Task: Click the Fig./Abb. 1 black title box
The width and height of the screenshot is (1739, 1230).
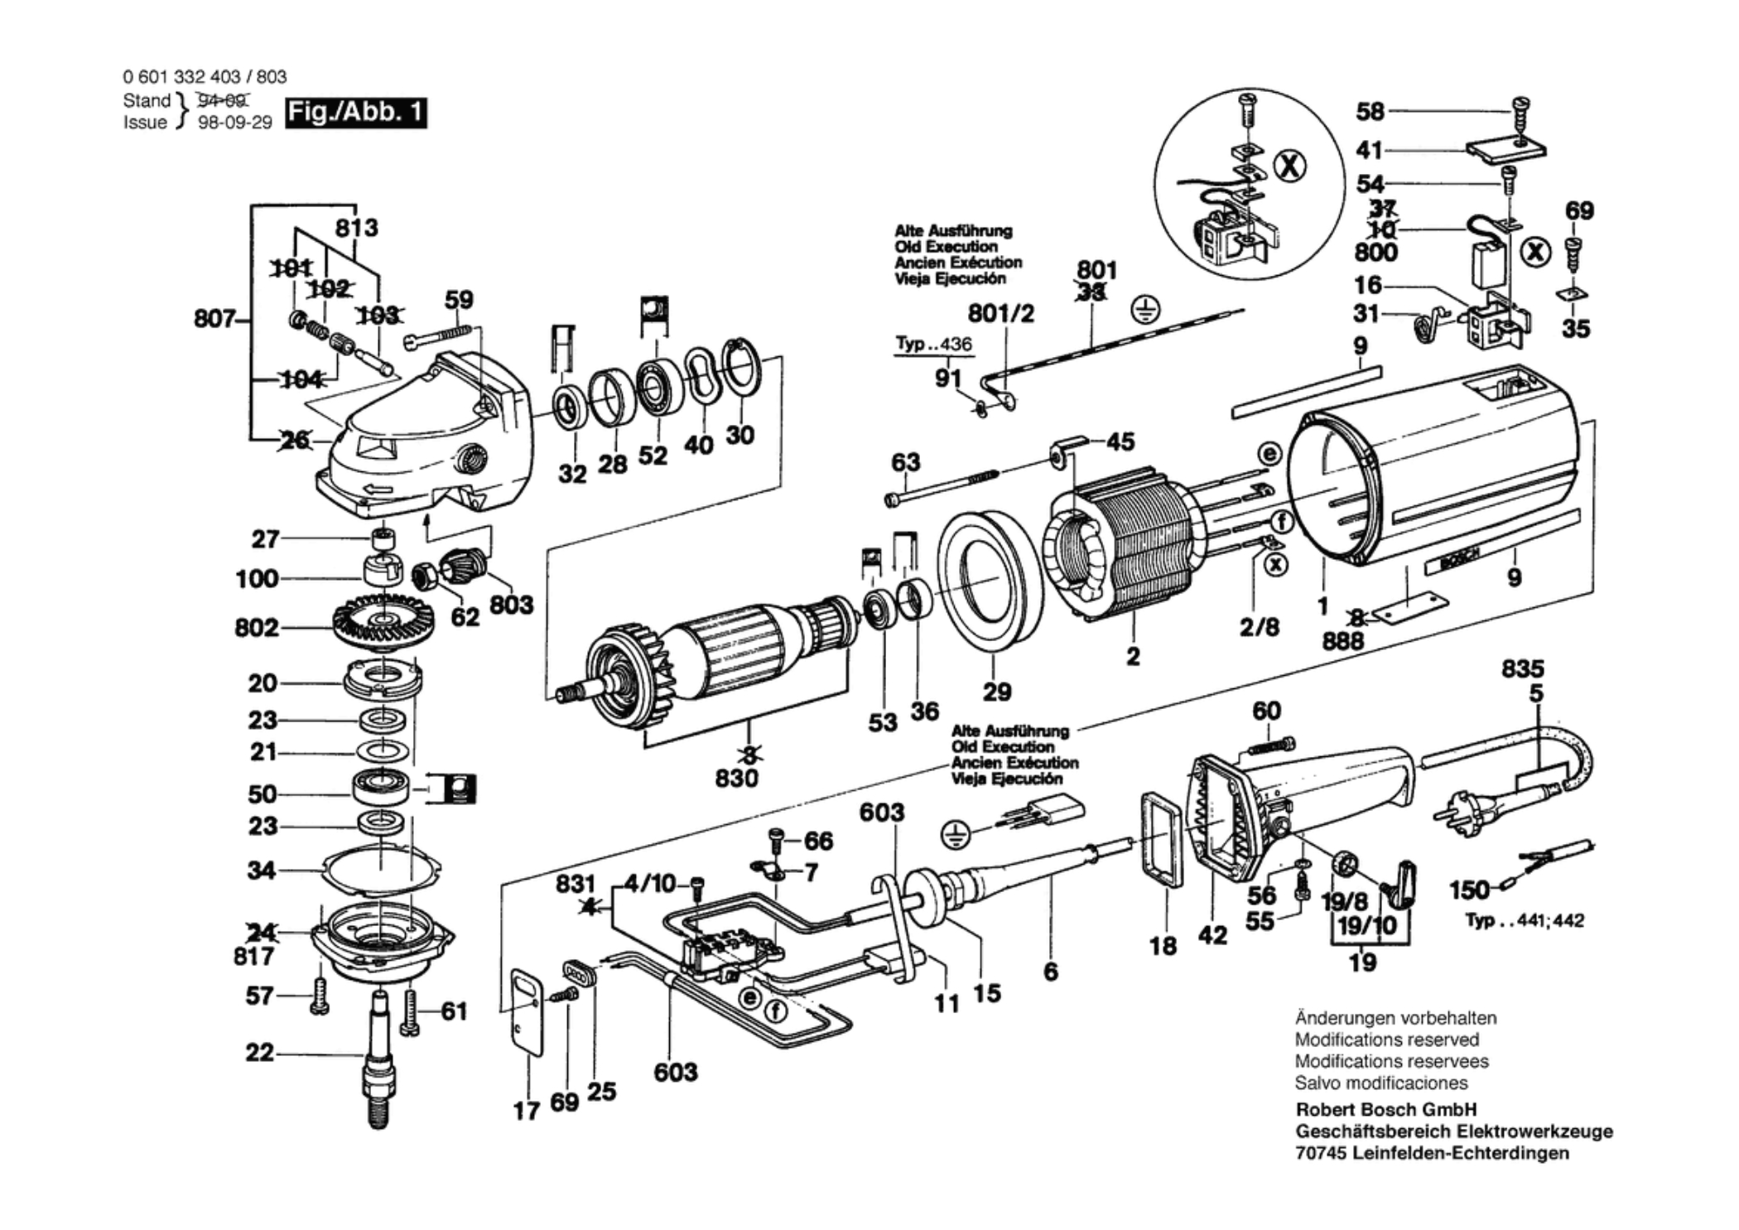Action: pyautogui.click(x=355, y=112)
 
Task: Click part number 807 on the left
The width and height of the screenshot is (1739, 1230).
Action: pyautogui.click(x=213, y=318)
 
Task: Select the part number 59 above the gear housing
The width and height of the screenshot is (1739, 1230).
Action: pyautogui.click(x=459, y=300)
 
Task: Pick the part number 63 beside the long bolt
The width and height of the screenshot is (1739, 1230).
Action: pyautogui.click(x=905, y=461)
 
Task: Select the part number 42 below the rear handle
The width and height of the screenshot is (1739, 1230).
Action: pyautogui.click(x=1212, y=935)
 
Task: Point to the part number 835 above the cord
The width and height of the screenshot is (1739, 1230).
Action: pyautogui.click(x=1522, y=668)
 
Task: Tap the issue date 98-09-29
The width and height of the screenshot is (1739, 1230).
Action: pyautogui.click(x=235, y=123)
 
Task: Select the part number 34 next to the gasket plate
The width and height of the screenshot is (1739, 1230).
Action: pyautogui.click(x=262, y=870)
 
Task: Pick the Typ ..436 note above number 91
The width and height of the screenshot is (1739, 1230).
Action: pyautogui.click(x=933, y=344)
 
